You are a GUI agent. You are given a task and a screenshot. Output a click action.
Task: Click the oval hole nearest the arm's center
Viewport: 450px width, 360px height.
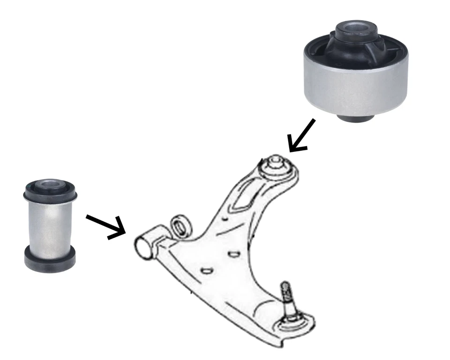click(x=233, y=254)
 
